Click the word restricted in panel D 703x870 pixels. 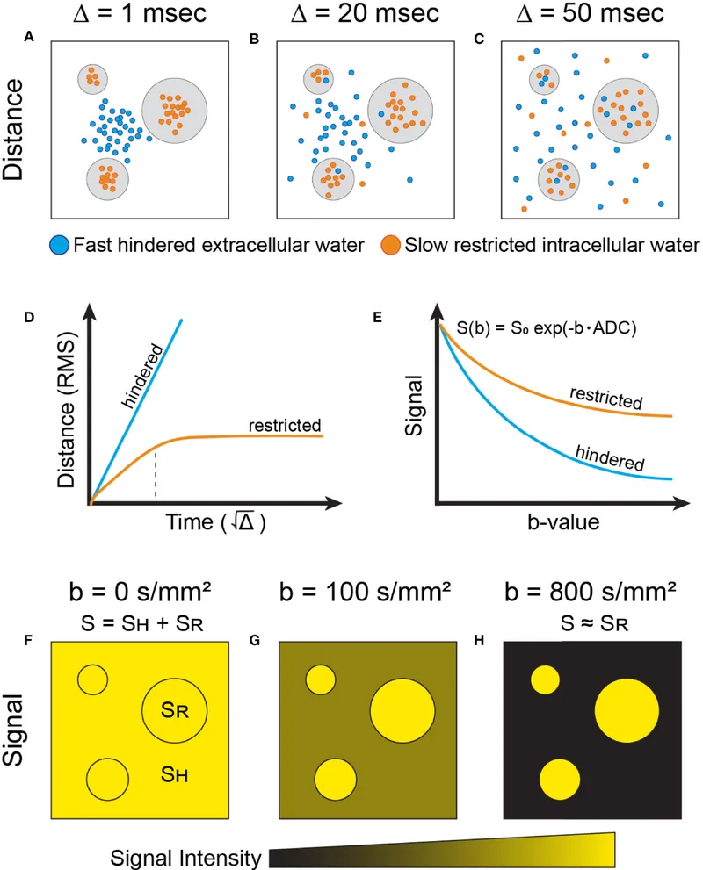pos(284,425)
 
